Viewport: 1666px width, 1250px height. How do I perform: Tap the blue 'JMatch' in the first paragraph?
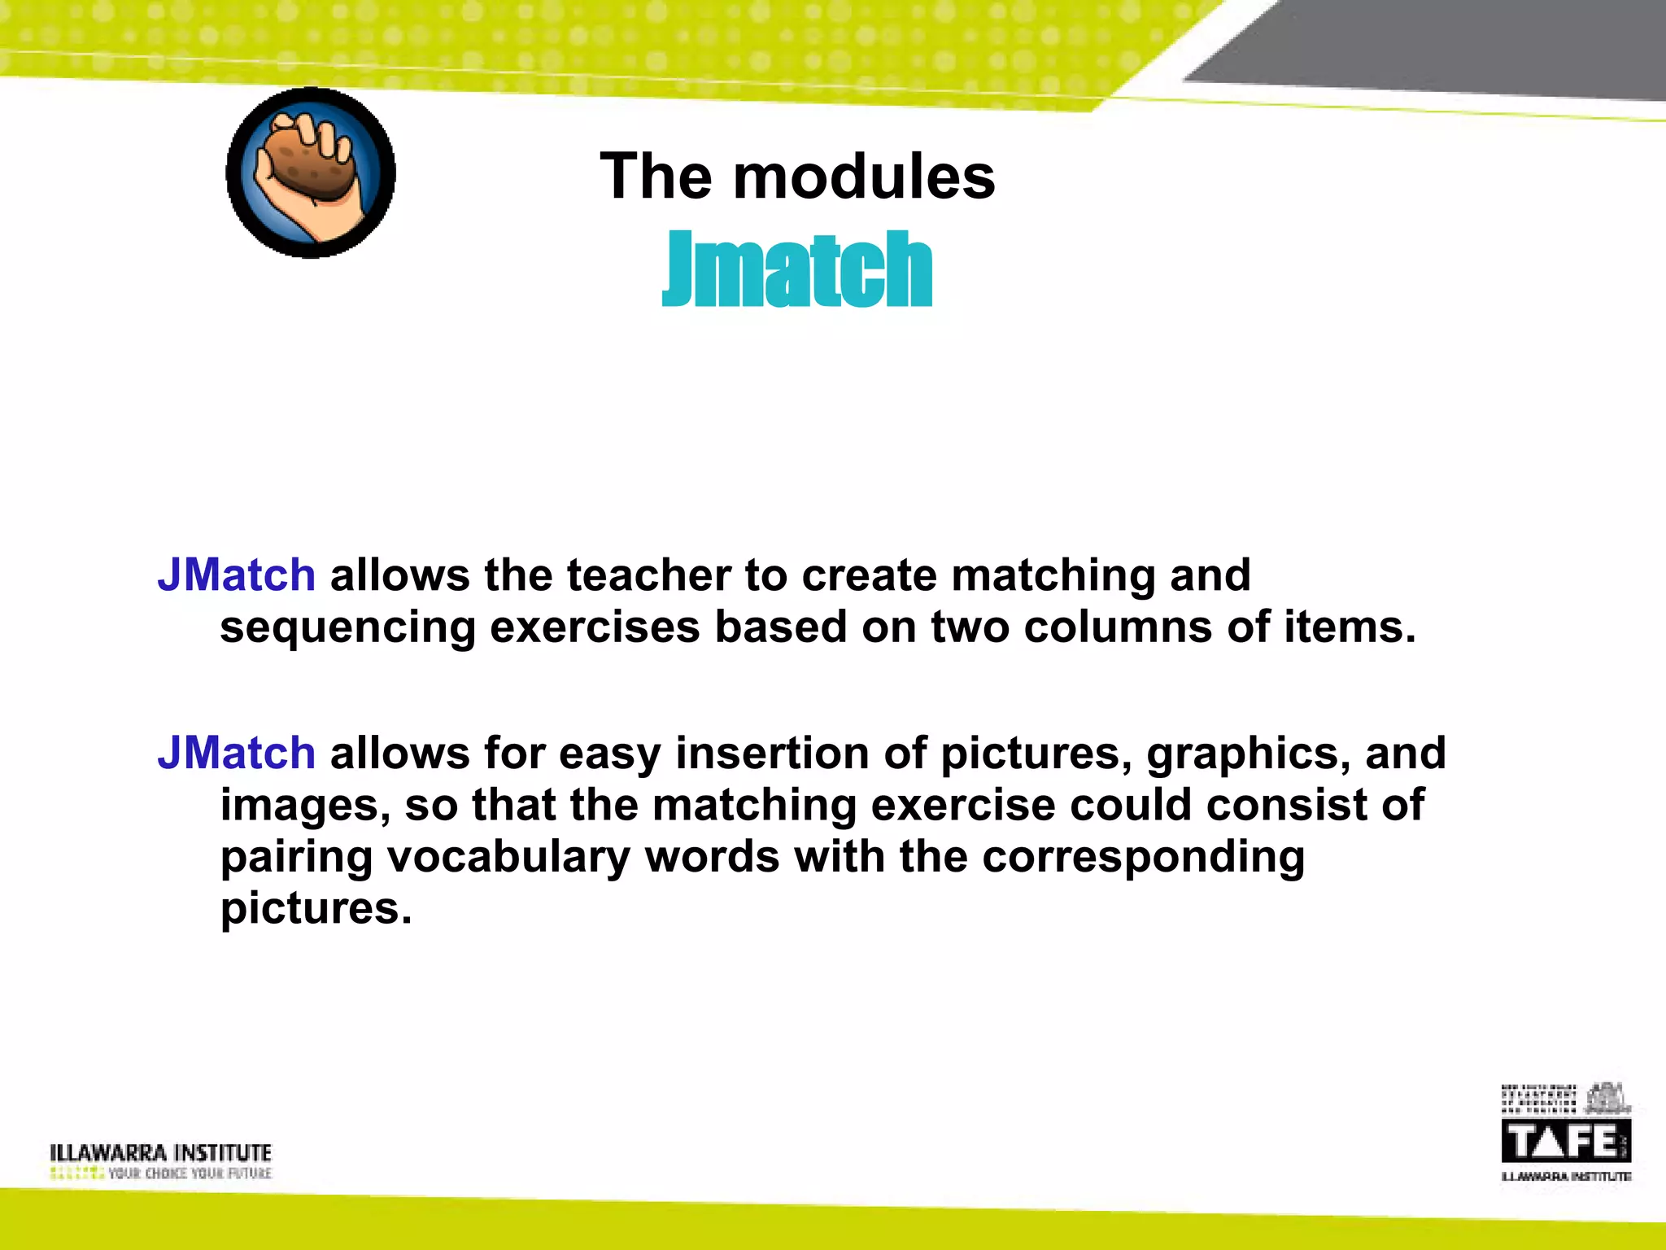tap(236, 575)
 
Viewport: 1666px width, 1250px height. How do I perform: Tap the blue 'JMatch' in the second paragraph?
tap(236, 752)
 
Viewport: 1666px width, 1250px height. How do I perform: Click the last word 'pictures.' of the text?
tap(316, 908)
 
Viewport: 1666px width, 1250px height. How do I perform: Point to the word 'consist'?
tap(1293, 804)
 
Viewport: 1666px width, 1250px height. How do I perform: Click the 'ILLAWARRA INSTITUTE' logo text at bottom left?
tap(160, 1152)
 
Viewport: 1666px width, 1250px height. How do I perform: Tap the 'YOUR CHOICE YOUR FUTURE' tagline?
tap(190, 1174)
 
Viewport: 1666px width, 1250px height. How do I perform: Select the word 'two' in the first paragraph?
tap(970, 627)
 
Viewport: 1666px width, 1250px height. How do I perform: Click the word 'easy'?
tap(610, 754)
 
